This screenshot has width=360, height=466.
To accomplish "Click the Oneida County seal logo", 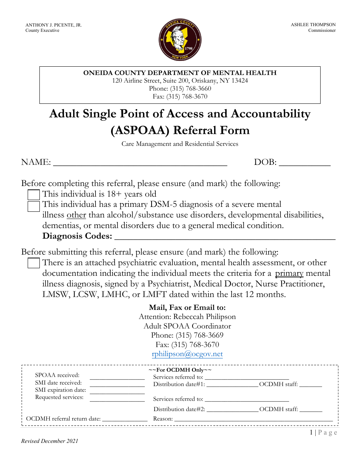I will pyautogui.click(x=180, y=40).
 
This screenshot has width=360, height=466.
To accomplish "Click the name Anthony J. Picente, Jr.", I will pyautogui.click(x=53, y=25).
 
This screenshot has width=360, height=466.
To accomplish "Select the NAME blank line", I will pyautogui.click(x=140, y=163).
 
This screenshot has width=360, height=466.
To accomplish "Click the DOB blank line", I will pyautogui.click(x=305, y=163).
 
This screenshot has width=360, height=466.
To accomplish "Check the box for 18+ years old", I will pyautogui.click(x=34, y=195).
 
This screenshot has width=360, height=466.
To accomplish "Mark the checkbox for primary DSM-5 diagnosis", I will pyautogui.click(x=34, y=206).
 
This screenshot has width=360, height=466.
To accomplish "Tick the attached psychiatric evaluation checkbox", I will pyautogui.click(x=34, y=263).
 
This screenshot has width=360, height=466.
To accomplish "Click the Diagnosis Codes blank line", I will pyautogui.click(x=225, y=237).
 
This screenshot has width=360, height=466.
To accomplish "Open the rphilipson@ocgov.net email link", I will pyautogui.click(x=187, y=354).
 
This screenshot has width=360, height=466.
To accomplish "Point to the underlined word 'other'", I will pyautogui.click(x=77, y=215).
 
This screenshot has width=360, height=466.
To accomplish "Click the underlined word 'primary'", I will pyautogui.click(x=289, y=274).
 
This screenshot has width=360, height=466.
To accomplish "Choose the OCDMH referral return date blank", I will pyautogui.click(x=125, y=419).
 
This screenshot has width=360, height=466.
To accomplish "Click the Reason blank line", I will pyautogui.click(x=253, y=419).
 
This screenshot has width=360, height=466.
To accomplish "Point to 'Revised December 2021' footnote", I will pyautogui.click(x=50, y=441).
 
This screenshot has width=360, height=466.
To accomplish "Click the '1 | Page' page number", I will pyautogui.click(x=323, y=433).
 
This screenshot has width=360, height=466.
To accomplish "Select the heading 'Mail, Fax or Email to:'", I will pyautogui.click(x=187, y=308).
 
